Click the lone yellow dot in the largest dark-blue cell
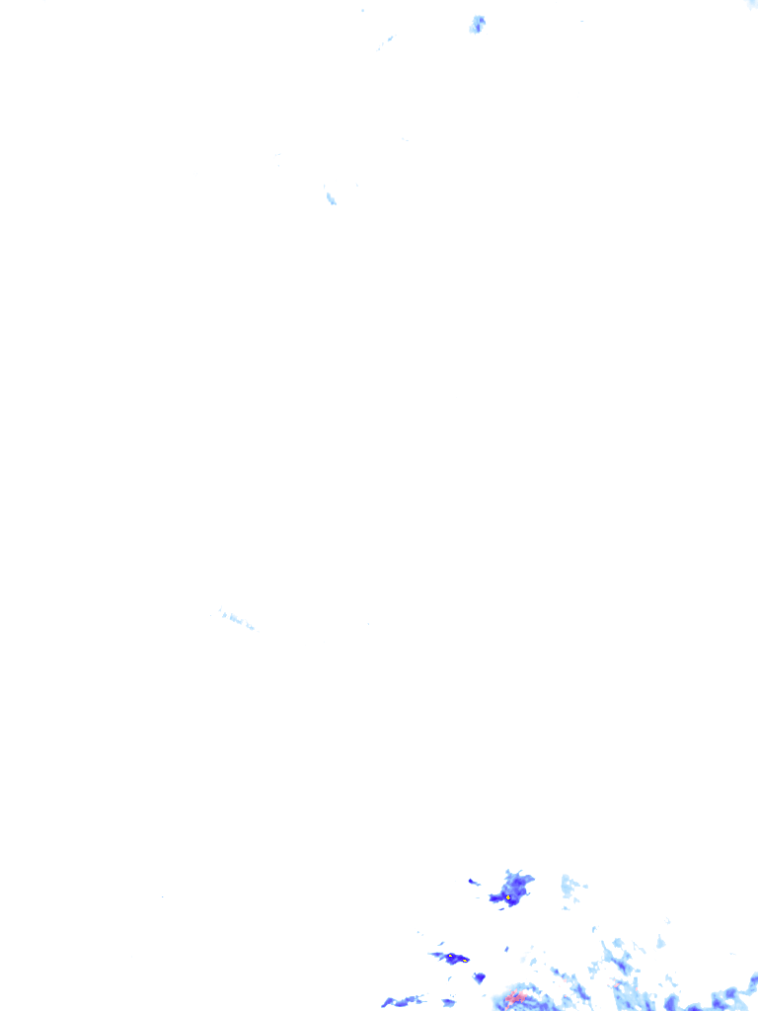(x=508, y=897)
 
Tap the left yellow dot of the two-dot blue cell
(x=450, y=956)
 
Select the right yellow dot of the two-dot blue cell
(x=465, y=960)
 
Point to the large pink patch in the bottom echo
(x=514, y=998)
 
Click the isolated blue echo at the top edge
(x=478, y=24)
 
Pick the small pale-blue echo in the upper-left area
(x=331, y=198)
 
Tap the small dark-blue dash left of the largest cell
(x=473, y=882)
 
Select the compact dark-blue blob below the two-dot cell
(x=480, y=977)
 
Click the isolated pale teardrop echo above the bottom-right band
(x=660, y=942)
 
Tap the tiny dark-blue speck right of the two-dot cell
(x=506, y=949)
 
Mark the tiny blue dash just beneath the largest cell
(x=501, y=907)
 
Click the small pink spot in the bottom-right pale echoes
(x=616, y=984)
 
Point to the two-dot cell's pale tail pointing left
(x=435, y=955)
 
